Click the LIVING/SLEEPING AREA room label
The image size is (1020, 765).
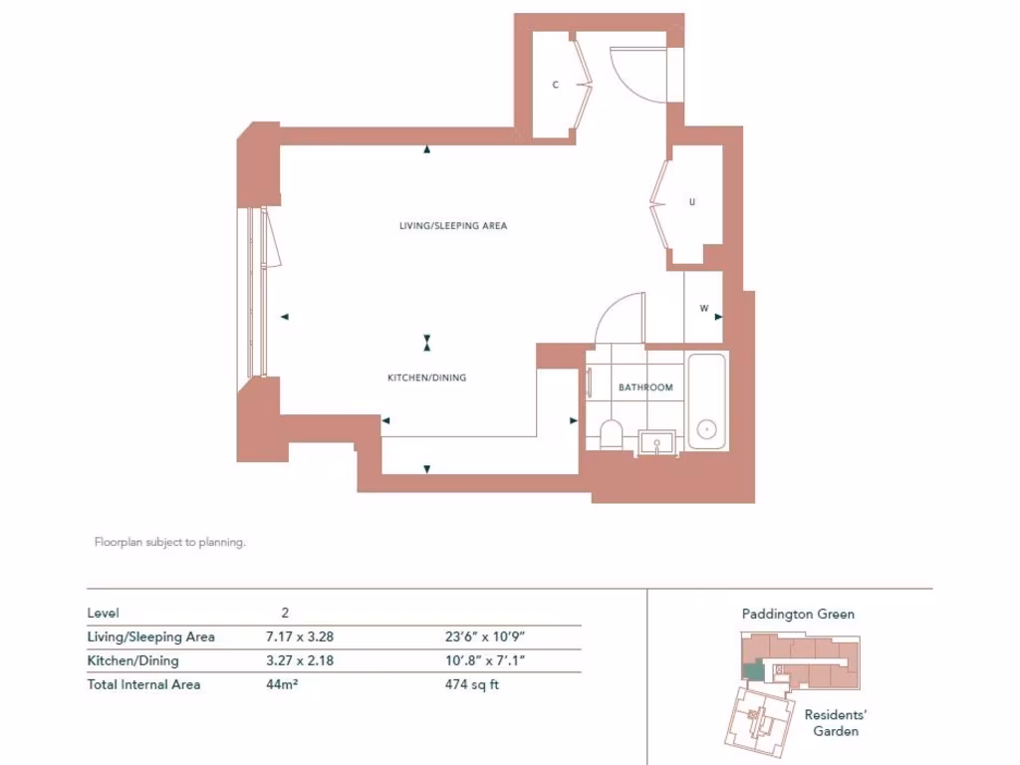[453, 226]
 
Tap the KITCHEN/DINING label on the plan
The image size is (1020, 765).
[426, 379]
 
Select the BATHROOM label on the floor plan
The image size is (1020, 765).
[645, 387]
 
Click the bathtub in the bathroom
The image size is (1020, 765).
[707, 402]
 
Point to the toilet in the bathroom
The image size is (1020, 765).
[612, 434]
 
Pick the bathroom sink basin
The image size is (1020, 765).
[656, 441]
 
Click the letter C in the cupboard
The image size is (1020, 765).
[556, 86]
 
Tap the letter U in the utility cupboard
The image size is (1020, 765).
[692, 202]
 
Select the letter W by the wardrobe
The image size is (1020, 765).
[703, 309]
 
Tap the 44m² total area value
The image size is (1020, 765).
[283, 685]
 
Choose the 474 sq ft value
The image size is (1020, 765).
[471, 685]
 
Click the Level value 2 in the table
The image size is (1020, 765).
[285, 614]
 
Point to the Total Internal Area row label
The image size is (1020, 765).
[143, 685]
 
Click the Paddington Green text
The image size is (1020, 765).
[798, 615]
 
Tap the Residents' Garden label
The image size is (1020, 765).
[836, 723]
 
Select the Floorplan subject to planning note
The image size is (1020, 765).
[169, 543]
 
